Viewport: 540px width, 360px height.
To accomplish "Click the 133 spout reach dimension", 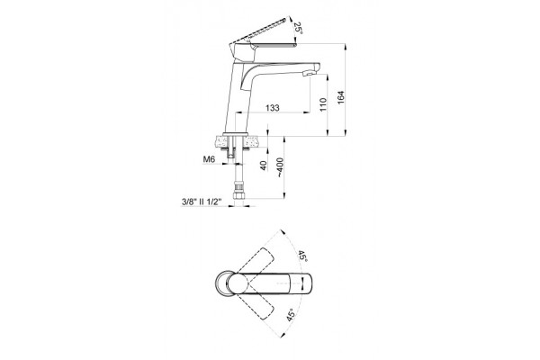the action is [272, 108].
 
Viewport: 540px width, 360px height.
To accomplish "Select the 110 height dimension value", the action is [323, 104].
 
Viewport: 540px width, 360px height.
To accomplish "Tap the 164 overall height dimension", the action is [340, 97].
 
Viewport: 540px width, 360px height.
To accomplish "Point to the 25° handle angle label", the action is [298, 28].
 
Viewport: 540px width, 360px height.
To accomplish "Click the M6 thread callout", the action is [209, 159].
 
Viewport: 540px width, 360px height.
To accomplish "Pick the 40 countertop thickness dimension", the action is [264, 166].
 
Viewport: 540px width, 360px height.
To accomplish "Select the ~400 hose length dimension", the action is [280, 167].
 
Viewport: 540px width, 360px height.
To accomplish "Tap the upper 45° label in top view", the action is [302, 256].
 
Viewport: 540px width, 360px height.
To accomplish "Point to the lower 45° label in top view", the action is [291, 315].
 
